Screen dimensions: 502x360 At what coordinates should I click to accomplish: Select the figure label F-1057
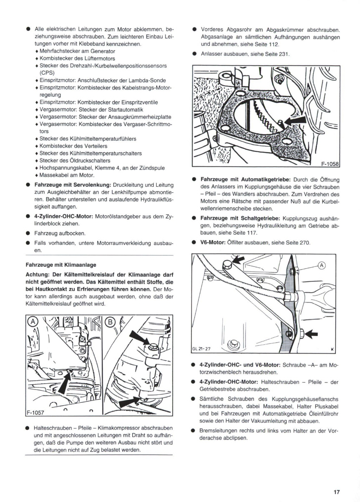tap(35, 414)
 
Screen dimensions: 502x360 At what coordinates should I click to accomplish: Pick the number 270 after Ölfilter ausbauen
tap(305, 243)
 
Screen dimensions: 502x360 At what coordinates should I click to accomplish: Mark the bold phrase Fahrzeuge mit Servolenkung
tap(72, 184)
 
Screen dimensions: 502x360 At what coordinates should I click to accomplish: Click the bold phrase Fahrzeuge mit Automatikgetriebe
tap(242, 179)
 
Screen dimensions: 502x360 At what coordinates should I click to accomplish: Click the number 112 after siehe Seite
tap(273, 44)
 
